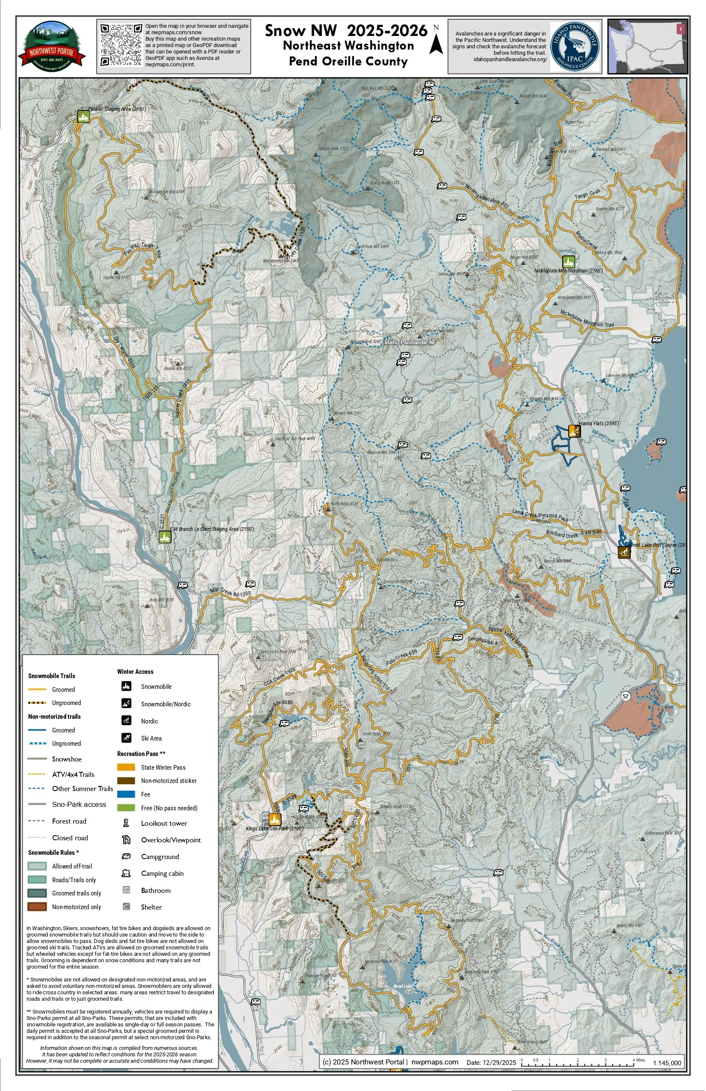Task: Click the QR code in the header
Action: (x=121, y=45)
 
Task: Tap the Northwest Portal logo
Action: (x=51, y=46)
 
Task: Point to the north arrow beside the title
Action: (x=436, y=41)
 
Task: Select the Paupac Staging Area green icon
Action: (x=83, y=117)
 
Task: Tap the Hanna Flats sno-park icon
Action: (x=574, y=431)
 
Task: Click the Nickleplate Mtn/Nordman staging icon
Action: (x=569, y=262)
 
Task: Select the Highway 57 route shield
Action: (x=625, y=697)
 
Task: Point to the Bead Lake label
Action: (x=403, y=986)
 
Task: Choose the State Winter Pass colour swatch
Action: (x=126, y=767)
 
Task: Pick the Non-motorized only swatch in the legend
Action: (x=37, y=906)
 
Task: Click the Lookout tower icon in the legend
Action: (x=126, y=823)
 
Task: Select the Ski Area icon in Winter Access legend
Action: (x=127, y=738)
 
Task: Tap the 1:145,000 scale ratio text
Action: (x=667, y=1063)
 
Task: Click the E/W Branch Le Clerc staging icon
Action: (x=165, y=537)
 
